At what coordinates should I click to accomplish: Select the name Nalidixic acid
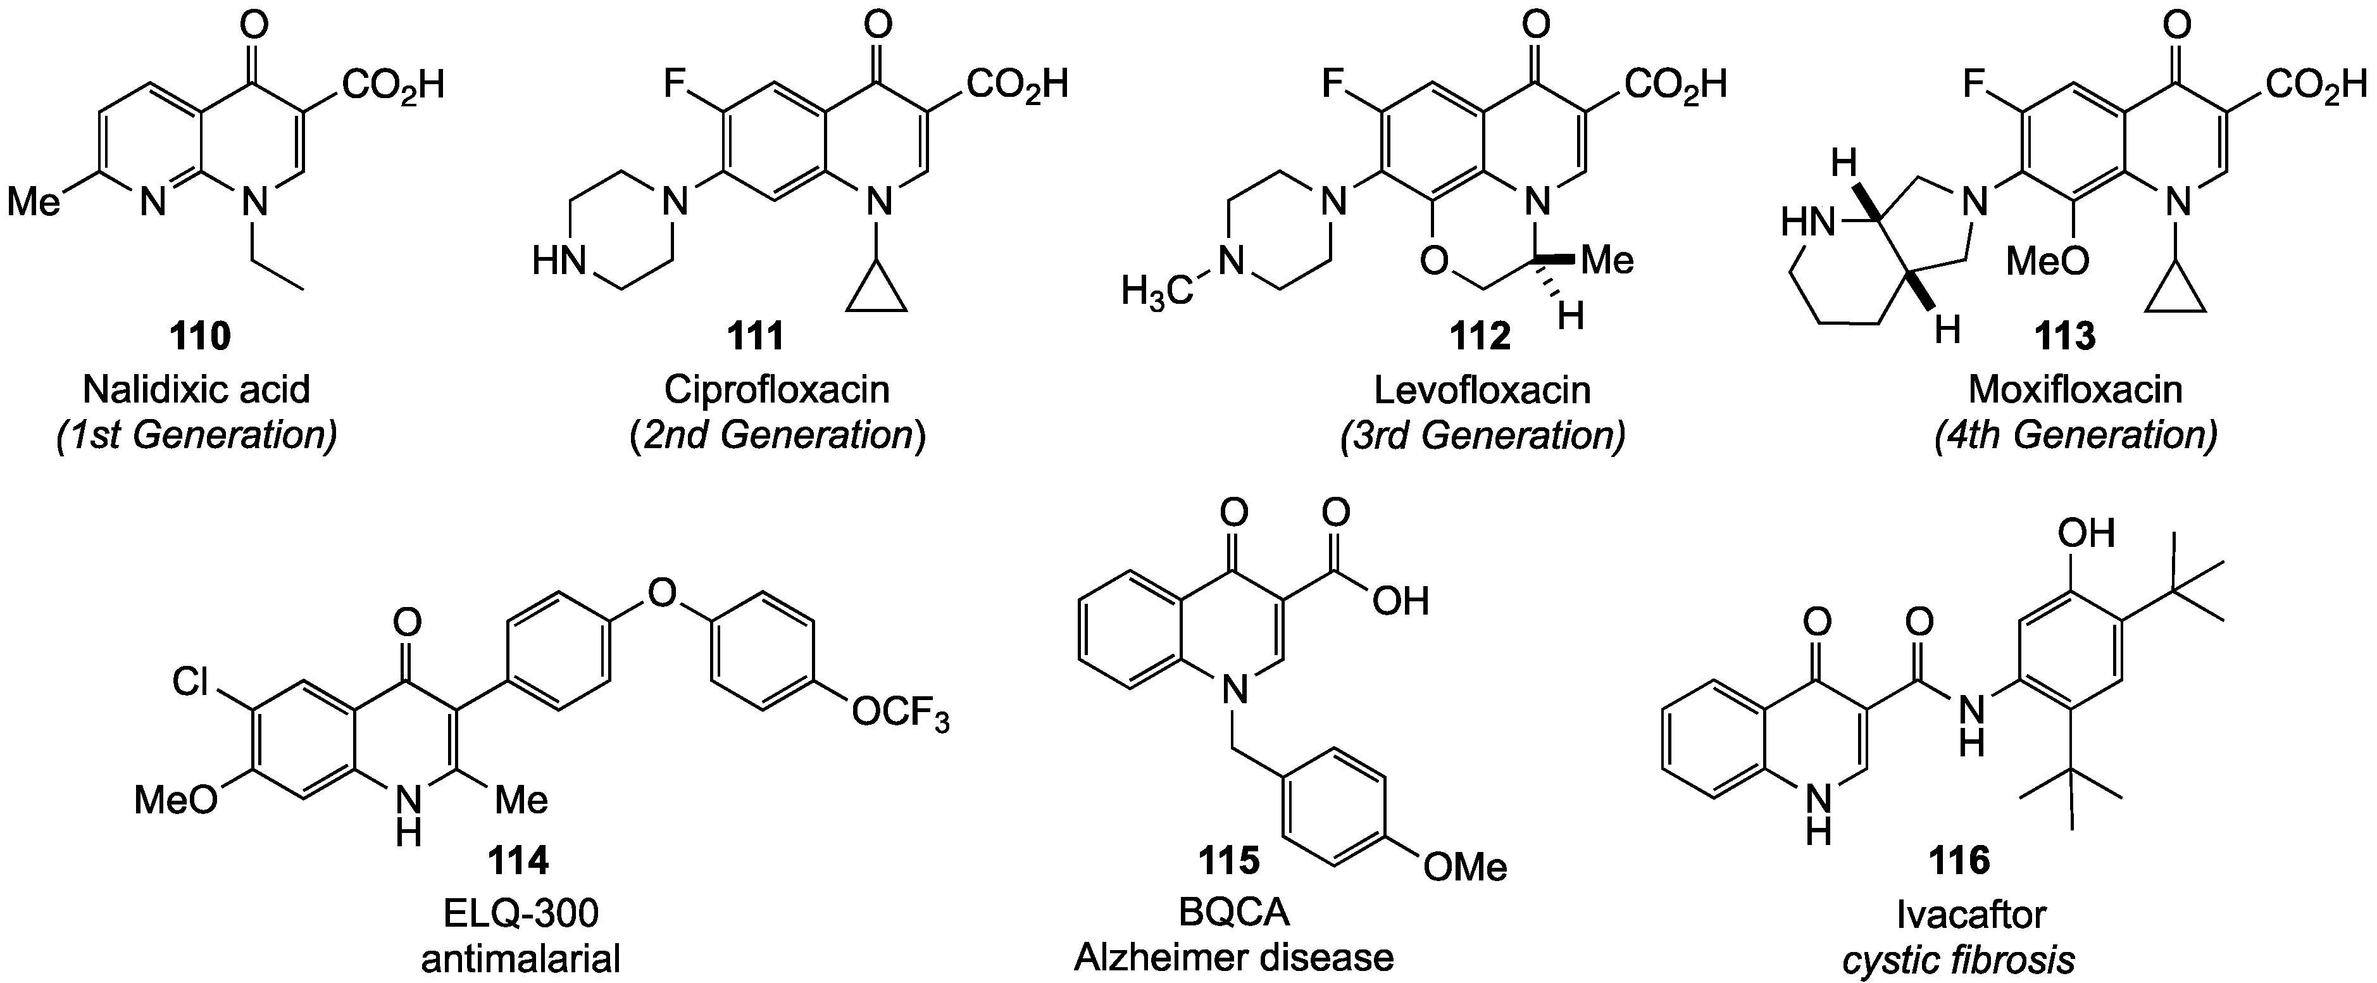click(197, 389)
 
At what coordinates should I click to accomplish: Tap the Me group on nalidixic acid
click(34, 201)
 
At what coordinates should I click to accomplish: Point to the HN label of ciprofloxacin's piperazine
click(559, 263)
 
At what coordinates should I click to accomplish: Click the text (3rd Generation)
click(1482, 435)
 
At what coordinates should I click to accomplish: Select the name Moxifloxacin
click(2075, 389)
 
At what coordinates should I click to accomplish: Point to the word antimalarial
click(520, 959)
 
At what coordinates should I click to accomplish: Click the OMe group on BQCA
click(1464, 866)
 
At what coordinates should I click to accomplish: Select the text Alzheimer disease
click(1233, 957)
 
